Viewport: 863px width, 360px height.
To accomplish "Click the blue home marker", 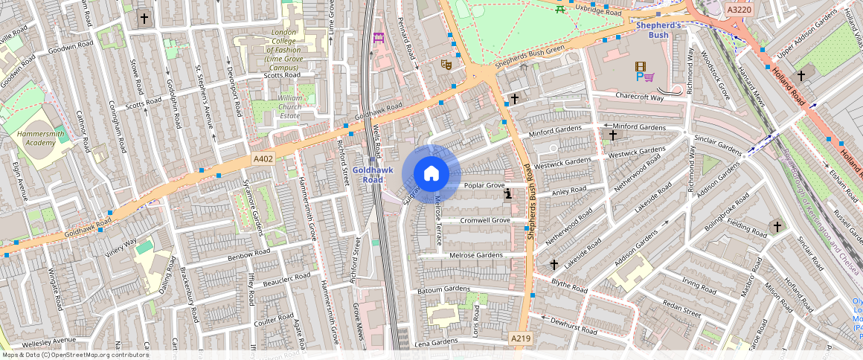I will [x=431, y=174].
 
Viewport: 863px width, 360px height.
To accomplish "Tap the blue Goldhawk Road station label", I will [x=368, y=175].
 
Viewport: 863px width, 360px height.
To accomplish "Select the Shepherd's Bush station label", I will [x=658, y=30].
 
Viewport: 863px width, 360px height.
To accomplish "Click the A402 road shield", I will [x=263, y=158].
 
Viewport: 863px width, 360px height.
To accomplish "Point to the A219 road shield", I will [x=521, y=338].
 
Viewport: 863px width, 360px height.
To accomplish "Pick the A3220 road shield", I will [x=738, y=9].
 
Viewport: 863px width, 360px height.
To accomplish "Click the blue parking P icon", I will [x=639, y=76].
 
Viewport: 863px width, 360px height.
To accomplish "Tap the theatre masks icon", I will [x=447, y=64].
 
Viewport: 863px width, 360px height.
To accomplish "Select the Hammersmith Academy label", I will [x=36, y=138].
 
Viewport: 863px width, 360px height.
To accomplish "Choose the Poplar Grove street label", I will [x=484, y=185].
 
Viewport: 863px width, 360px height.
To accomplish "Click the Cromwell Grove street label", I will [x=484, y=221].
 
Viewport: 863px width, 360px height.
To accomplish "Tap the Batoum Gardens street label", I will [x=443, y=289].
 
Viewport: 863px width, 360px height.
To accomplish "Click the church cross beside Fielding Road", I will [x=777, y=226].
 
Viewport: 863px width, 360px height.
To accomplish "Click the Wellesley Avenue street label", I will [x=49, y=341].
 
